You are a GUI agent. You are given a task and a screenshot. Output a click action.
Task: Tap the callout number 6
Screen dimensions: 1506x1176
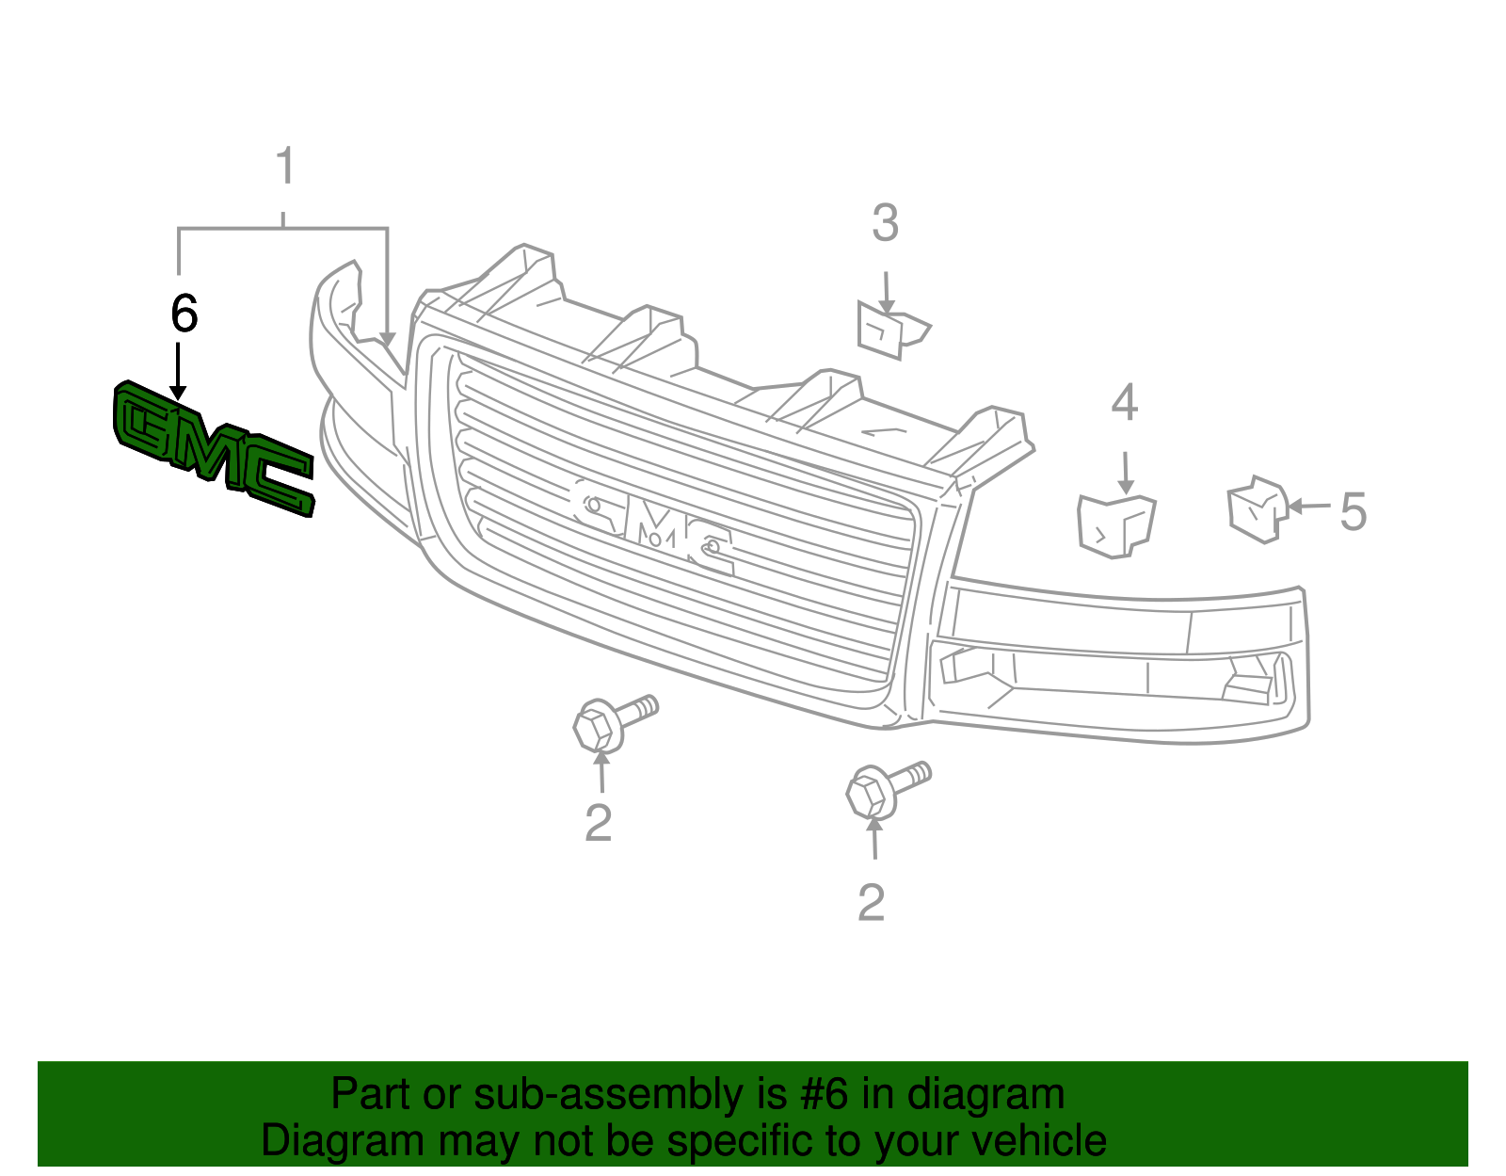point(184,314)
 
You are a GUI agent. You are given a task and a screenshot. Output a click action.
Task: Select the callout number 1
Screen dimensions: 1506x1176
point(285,167)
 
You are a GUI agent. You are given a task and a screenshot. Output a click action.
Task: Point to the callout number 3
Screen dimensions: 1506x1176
point(885,224)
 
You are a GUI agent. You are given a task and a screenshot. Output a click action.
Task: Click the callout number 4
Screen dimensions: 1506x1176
point(1125,403)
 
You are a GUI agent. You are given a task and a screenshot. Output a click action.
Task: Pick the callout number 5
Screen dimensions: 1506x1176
point(1353,512)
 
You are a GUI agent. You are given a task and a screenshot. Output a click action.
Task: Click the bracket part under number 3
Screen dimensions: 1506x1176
point(890,330)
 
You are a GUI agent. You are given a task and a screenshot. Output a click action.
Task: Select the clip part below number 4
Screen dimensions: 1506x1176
point(1115,525)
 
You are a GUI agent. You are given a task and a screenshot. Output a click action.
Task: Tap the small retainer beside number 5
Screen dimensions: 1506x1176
point(1256,510)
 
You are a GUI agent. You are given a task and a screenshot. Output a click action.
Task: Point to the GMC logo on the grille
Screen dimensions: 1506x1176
point(653,527)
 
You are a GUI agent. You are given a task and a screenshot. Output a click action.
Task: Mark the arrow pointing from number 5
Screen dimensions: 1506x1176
point(1309,507)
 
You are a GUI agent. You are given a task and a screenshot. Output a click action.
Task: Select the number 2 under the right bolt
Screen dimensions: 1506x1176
point(872,903)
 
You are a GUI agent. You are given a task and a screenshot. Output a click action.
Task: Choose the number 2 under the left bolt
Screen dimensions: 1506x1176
point(599,823)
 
